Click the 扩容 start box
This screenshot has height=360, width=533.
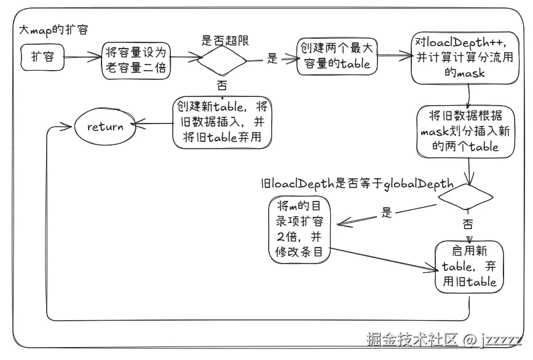click(42, 57)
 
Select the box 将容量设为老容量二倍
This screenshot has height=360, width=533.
click(136, 60)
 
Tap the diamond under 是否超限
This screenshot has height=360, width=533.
click(221, 61)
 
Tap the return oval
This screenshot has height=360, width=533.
click(105, 128)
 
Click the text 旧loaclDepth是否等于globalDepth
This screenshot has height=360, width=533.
click(357, 182)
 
